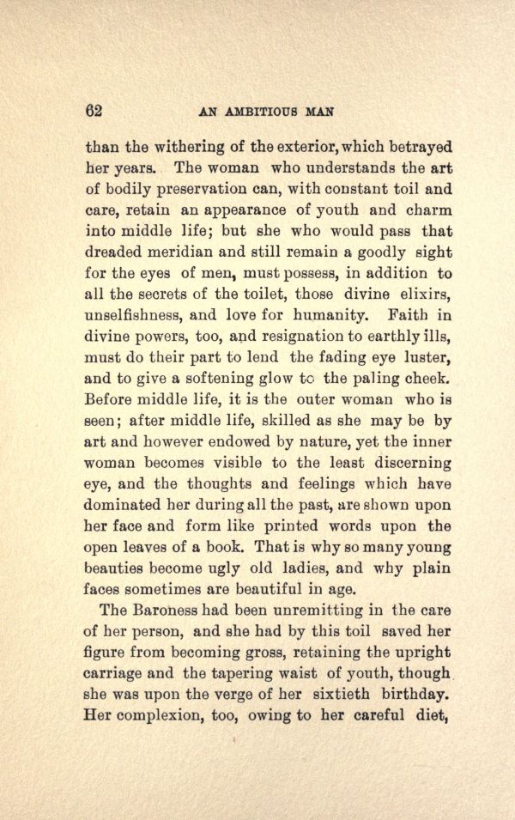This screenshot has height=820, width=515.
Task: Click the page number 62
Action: click(x=94, y=110)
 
